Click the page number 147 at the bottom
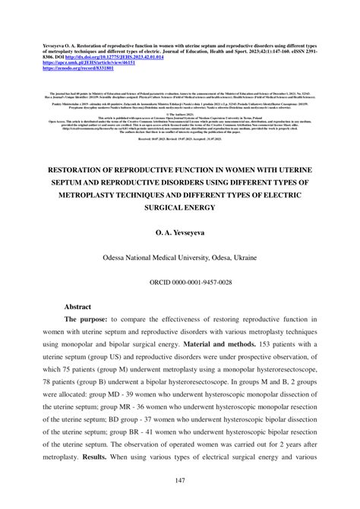point(180,480)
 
